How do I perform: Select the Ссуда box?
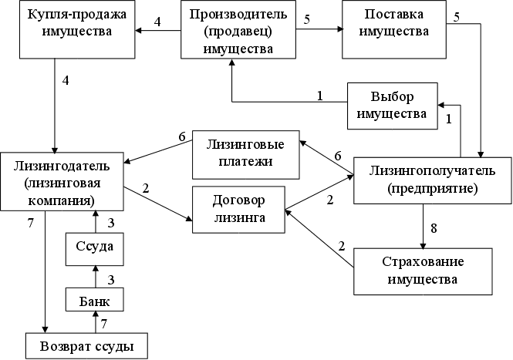tap(94, 247)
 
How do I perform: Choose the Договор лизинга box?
tap(238, 207)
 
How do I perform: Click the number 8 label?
tap(434, 228)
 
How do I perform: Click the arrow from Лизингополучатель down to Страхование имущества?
tap(423, 226)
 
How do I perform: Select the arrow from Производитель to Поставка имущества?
tap(317, 31)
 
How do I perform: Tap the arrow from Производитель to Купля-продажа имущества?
tap(159, 31)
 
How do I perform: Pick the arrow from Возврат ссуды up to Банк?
tap(93, 321)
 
